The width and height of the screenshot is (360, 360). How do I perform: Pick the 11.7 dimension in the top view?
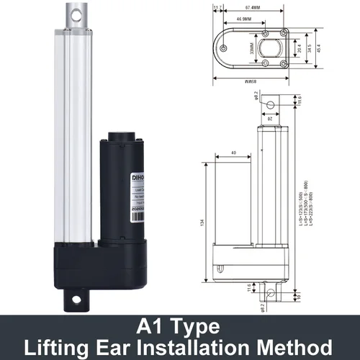click(x=217, y=9)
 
